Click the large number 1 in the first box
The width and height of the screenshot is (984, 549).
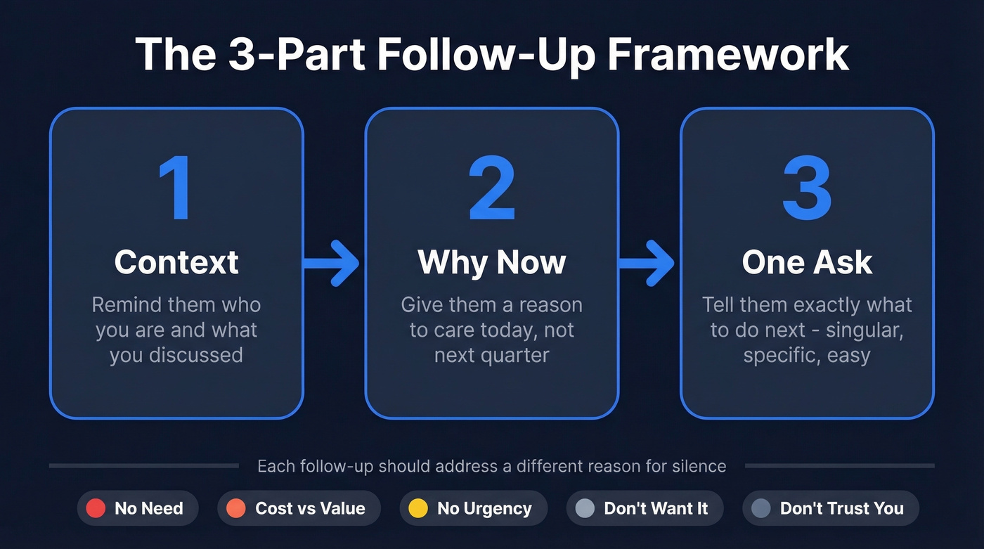[174, 189]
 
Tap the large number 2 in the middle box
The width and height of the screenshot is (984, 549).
[492, 189]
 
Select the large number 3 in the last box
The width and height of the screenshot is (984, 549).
[807, 189]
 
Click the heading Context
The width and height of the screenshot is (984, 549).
[176, 262]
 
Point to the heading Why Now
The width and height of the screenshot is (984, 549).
[491, 262]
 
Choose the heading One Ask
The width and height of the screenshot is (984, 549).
[807, 262]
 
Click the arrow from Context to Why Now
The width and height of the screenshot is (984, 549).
[332, 263]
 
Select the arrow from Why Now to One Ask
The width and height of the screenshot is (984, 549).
[648, 263]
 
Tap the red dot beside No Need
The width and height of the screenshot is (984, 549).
[96, 508]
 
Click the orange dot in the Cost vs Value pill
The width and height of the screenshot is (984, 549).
[236, 508]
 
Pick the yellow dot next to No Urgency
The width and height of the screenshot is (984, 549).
[417, 508]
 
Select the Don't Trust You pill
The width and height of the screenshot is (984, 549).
[830, 508]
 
